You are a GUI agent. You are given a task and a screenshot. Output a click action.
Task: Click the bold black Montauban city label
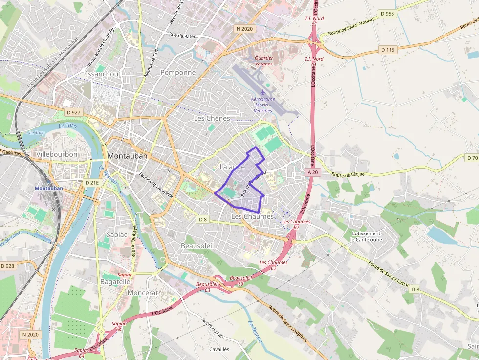pos(127,156)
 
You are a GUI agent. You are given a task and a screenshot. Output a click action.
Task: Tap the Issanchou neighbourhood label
pos(102,74)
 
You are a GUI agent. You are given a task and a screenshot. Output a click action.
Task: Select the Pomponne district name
pos(178,73)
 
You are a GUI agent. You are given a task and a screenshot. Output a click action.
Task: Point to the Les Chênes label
pos(212,118)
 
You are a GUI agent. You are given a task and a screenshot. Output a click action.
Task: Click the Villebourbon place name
pos(57,154)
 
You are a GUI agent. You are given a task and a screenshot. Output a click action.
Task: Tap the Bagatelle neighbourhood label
pos(115,282)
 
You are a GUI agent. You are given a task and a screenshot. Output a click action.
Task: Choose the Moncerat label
pos(143,293)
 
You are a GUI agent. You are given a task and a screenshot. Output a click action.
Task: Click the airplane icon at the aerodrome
pos(263,92)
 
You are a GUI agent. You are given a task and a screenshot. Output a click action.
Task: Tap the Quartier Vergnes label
pos(264,61)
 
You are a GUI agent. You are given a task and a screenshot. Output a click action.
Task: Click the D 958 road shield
pos(387,14)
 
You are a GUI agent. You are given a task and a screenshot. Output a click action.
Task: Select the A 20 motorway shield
pos(313,172)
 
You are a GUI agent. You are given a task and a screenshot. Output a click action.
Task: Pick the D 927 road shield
pos(72,113)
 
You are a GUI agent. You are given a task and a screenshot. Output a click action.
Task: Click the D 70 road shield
pos(472,158)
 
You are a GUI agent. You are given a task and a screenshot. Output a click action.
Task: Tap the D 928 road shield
pos(8,266)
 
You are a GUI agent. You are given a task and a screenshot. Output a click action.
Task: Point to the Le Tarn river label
pos(37,132)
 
